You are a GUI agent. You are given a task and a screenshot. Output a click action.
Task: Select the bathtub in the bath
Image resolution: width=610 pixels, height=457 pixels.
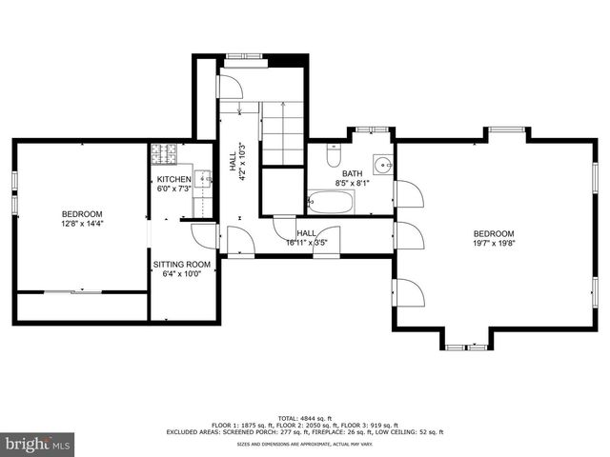pyautogui.click(x=331, y=202)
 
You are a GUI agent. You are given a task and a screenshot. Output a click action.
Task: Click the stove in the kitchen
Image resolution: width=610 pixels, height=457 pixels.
pyautogui.click(x=162, y=152)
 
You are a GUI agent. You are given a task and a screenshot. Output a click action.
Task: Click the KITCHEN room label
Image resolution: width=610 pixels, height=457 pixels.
pyautogui.click(x=174, y=179)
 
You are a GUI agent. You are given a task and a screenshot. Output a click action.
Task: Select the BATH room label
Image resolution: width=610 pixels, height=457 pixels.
pyautogui.click(x=352, y=173)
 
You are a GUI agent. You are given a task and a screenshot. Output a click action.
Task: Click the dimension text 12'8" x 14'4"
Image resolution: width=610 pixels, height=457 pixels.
pyautogui.click(x=82, y=225)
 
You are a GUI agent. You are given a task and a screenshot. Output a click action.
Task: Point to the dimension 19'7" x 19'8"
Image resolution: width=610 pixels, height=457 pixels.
pyautogui.click(x=494, y=244)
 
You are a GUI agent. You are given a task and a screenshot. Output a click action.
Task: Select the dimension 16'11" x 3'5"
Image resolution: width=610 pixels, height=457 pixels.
pyautogui.click(x=307, y=243)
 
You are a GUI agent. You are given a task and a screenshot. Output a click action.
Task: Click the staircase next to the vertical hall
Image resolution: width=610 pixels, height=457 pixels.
pyautogui.click(x=282, y=133)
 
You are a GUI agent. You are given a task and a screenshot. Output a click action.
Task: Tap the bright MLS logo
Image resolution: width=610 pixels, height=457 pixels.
pyautogui.click(x=38, y=444)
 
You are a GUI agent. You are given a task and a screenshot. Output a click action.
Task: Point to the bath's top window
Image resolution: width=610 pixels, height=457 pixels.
pyautogui.click(x=372, y=129)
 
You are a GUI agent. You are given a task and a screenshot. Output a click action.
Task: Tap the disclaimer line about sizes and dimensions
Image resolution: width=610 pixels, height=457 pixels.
pyautogui.click(x=304, y=445)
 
